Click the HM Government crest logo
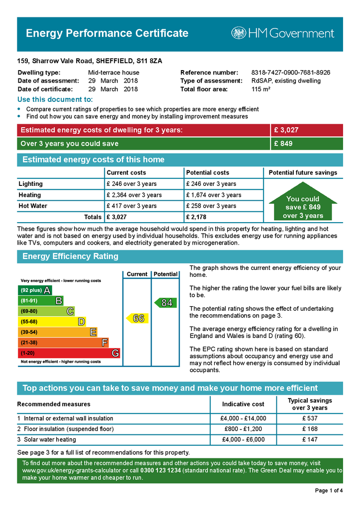pyautogui.click(x=239, y=33)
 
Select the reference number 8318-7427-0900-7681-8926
pyautogui.click(x=290, y=73)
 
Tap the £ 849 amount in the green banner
pyautogui.click(x=283, y=144)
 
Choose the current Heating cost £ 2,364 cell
pyautogui.click(x=134, y=195)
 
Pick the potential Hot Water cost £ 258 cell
pyautogui.click(x=211, y=206)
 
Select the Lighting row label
pyautogui.click(x=31, y=184)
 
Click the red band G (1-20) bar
pyautogui.click(x=69, y=353)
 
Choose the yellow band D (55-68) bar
pyautogui.click(x=52, y=322)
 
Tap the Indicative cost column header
pyautogui.click(x=243, y=404)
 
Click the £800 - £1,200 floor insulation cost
pyautogui.click(x=243, y=429)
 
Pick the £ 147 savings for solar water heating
pyautogui.click(x=310, y=439)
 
